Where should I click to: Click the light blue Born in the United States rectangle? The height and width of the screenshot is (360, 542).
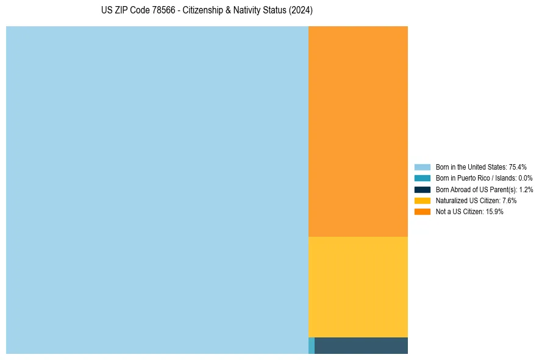point(157,190)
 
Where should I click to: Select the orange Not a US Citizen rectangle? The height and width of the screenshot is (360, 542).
point(358,131)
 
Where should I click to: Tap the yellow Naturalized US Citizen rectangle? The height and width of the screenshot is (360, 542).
point(358,287)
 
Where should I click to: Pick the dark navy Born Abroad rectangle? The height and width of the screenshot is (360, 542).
point(361,345)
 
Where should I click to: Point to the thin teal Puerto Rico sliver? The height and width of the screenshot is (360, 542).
point(312,345)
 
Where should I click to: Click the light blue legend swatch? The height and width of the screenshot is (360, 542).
point(423,167)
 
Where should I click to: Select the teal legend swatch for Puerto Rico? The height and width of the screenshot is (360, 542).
point(423,178)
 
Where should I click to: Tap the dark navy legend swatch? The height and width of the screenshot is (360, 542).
point(423,189)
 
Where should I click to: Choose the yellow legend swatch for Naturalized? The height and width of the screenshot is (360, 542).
point(423,200)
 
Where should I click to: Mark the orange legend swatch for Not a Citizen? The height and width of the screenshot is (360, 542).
point(423,211)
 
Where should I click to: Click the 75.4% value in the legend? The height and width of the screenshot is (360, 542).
point(518,167)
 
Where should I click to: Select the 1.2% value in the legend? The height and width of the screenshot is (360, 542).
point(526,189)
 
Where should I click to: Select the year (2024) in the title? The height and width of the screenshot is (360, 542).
point(301,11)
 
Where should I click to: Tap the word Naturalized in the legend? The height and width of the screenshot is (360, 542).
point(451,200)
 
